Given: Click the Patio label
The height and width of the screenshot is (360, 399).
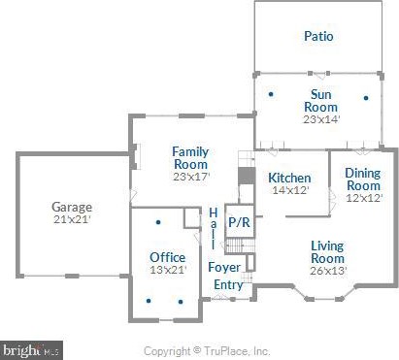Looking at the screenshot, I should click(x=318, y=37).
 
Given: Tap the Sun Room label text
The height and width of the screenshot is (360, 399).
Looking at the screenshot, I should click(x=322, y=101).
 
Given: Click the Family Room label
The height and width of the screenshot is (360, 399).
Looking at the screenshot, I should click(x=190, y=158).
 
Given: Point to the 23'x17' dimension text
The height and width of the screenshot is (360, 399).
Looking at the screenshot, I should click(x=190, y=178).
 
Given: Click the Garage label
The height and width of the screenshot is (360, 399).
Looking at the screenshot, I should click(x=72, y=207).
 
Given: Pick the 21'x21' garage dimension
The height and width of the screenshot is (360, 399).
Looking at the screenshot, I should click(x=72, y=220).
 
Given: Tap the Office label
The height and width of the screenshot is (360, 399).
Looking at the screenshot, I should click(x=167, y=257).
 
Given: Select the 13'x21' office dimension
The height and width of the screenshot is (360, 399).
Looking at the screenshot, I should click(x=167, y=271).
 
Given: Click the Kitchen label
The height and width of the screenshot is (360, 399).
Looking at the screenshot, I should click(x=289, y=178).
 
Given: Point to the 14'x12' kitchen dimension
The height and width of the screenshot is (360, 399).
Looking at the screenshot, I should click(x=289, y=191).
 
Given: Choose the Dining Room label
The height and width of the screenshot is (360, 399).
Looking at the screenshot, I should click(x=363, y=180).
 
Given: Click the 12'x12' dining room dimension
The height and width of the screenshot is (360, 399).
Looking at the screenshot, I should click(x=363, y=198).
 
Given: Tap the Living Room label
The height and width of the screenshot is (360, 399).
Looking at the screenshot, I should click(x=327, y=252).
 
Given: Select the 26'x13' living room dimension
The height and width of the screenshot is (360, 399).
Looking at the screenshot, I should click(x=327, y=271).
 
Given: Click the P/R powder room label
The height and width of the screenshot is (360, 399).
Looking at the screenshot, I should click(x=238, y=221).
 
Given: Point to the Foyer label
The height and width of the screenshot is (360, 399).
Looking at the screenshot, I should click(x=224, y=267).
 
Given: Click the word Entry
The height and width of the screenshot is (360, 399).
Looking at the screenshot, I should click(x=228, y=284).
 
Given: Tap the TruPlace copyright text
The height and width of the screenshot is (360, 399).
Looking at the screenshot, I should click(x=207, y=350).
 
